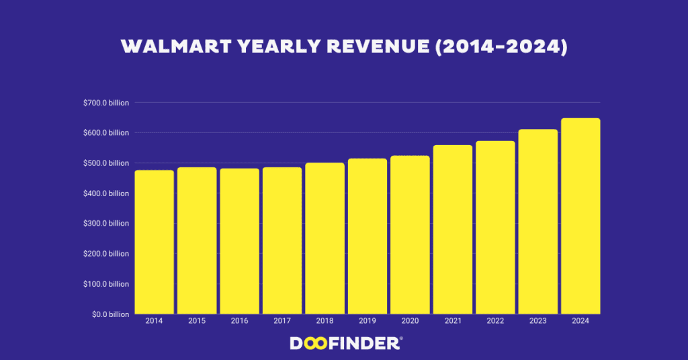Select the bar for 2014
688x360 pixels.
[x=154, y=242]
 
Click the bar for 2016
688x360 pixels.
[x=239, y=241]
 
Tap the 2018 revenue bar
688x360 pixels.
[x=325, y=238]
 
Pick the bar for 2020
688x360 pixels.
[x=410, y=235]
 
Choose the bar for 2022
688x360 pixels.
[x=495, y=228]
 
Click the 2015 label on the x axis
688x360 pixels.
[x=197, y=321]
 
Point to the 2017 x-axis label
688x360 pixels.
[x=282, y=321]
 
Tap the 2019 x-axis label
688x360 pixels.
[x=368, y=321]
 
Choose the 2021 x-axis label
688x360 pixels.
[x=453, y=321]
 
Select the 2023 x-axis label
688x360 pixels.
[x=537, y=321]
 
